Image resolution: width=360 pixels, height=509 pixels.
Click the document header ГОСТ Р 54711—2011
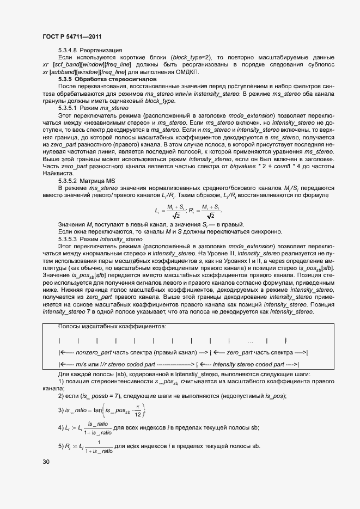click(72, 36)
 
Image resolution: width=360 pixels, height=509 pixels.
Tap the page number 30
click(46, 462)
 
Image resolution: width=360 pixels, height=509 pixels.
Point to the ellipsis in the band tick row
click(250, 341)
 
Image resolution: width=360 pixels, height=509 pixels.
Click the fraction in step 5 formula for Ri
click(99, 447)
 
